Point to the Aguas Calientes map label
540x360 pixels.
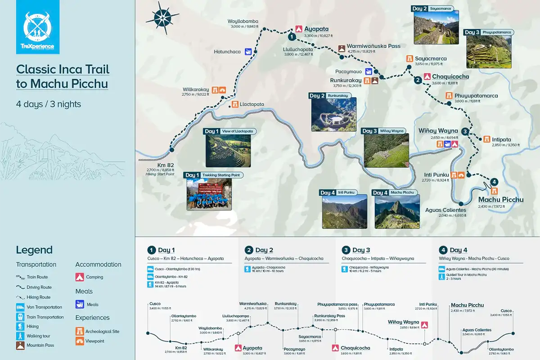pos(445,210)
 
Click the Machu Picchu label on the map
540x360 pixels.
pos(500,200)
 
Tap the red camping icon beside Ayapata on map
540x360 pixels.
pos(298,28)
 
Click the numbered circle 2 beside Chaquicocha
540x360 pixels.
pos(418,81)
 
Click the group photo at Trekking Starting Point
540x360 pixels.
pos(208,195)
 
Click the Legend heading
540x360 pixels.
pos(34,250)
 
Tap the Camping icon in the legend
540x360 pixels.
pos(79,277)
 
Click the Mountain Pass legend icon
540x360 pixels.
pos(20,346)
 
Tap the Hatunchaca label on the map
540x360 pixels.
pos(227,52)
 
